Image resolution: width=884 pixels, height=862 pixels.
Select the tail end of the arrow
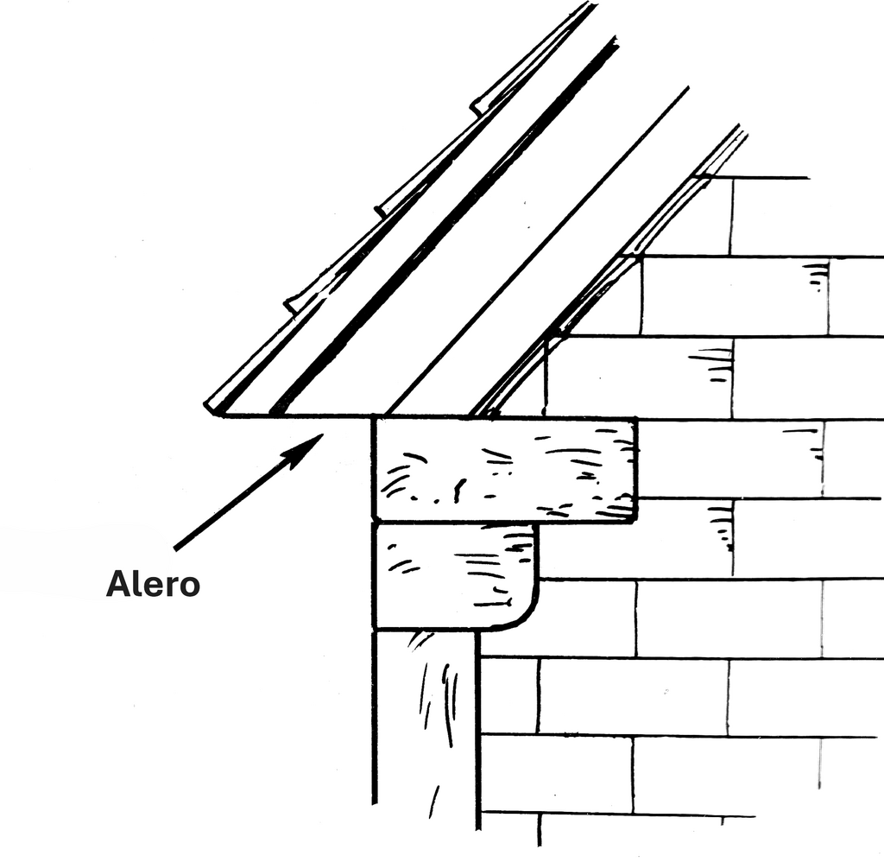click(175, 548)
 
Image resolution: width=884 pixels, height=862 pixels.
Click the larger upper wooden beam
click(506, 469)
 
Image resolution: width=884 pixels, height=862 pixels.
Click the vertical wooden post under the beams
click(425, 728)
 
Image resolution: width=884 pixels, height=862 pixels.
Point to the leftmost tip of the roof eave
click(205, 404)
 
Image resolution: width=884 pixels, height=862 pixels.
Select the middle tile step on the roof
click(382, 212)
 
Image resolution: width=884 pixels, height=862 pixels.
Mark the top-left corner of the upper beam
click(373, 418)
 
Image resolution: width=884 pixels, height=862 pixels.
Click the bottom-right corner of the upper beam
click(636, 520)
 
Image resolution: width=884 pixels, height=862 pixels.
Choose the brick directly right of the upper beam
click(730, 459)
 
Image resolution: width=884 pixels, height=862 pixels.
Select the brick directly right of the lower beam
click(636, 539)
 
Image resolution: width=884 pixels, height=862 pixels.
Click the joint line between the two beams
click(454, 522)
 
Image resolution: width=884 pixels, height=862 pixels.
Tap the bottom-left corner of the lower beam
click(374, 628)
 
